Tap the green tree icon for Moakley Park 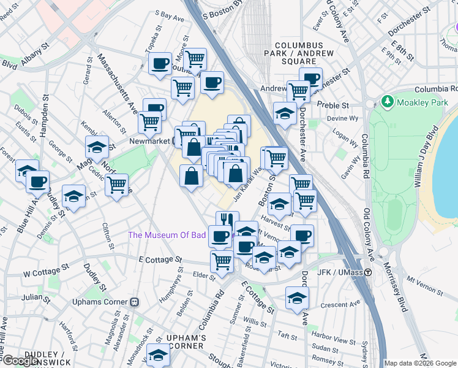pos(387,100)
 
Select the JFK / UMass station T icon pos(368,272)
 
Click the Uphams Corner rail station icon pos(135,302)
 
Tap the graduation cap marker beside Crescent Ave pos(297,298)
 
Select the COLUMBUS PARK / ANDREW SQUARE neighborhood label pos(304,53)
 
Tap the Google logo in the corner pos(20,361)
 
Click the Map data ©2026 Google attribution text pos(419,363)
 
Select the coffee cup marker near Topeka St pos(160,63)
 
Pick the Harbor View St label pos(333,340)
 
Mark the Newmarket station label pos(149,140)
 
